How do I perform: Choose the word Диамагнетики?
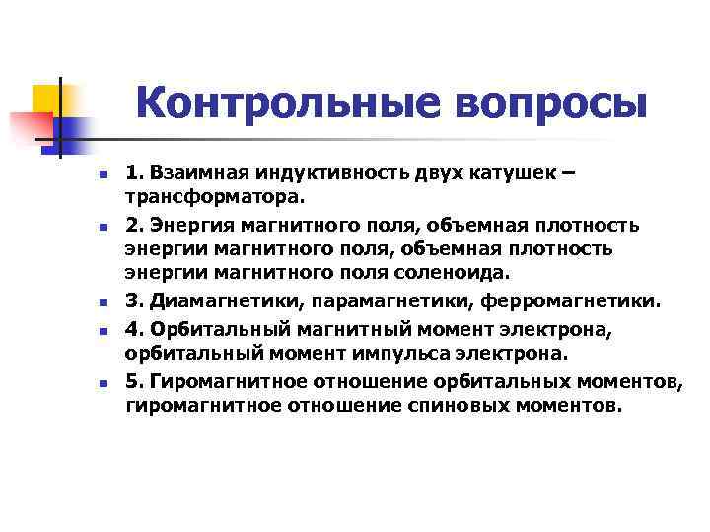pyautogui.click(x=221, y=299)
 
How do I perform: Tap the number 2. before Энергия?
pyautogui.click(x=133, y=226)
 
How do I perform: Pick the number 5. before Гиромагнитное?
pyautogui.click(x=133, y=381)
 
